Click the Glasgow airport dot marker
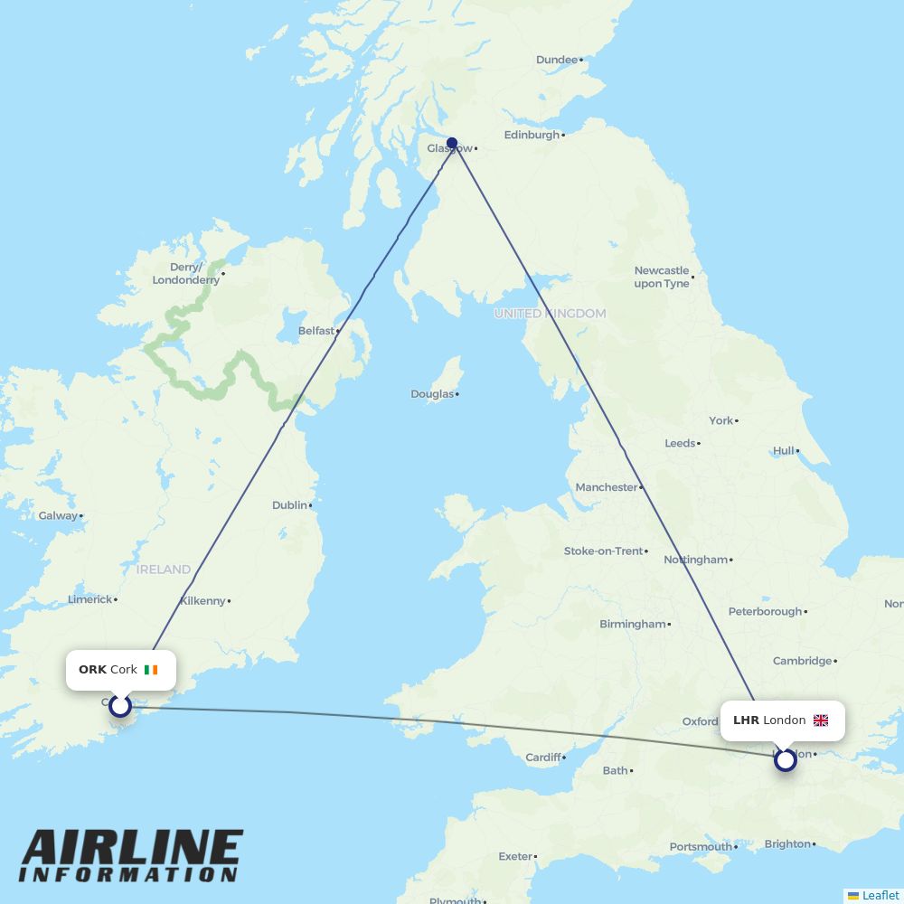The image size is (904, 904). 452,143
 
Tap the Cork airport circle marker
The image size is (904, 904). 120,706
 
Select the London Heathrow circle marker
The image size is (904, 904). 786,760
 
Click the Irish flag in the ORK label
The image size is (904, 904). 150,670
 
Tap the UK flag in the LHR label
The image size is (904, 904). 821,720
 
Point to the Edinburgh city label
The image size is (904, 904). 532,135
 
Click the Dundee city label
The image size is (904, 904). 556,60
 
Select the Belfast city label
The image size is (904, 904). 316,331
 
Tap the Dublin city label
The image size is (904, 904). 289,505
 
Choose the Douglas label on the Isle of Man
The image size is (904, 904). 432,394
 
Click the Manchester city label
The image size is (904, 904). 607,487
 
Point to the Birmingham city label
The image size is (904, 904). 632,624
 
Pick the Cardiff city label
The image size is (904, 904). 543,758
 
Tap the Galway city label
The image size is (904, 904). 57,516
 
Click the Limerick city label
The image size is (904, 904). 89,599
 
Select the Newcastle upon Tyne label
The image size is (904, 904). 662,277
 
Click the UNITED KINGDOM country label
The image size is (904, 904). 550,314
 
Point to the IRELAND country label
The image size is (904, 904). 164,570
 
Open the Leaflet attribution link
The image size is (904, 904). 880,895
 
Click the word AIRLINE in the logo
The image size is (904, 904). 132,849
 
